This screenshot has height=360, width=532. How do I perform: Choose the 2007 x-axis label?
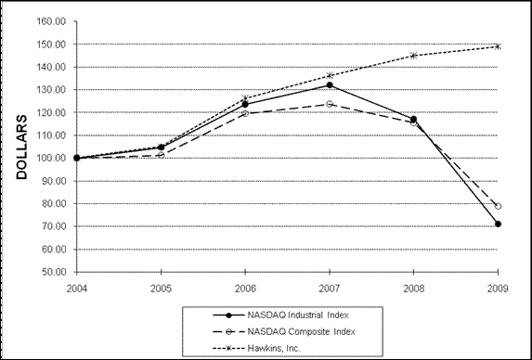pos(330,287)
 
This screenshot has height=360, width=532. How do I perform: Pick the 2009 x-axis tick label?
pos(499,287)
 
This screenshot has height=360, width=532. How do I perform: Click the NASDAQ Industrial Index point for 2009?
pos(499,224)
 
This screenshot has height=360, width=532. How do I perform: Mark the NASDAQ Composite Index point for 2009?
pos(499,206)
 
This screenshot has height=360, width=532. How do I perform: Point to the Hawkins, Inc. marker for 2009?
pos(499,45)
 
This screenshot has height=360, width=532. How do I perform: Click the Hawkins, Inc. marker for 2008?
pos(414,56)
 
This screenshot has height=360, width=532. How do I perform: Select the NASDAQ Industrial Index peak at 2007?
pos(330,85)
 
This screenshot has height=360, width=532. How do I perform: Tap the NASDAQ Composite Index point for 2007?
pos(330,104)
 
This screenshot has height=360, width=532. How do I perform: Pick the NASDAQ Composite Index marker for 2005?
pos(161,154)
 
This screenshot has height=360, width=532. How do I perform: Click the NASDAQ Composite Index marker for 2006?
pos(245,113)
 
